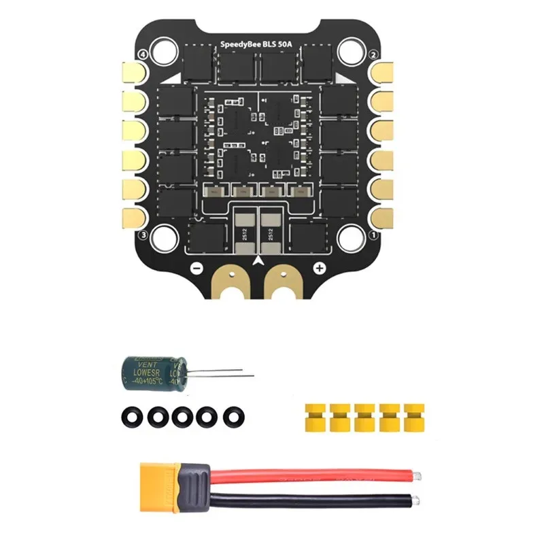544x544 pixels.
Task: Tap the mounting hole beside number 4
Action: tap(162, 50)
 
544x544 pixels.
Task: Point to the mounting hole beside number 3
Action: tap(162, 236)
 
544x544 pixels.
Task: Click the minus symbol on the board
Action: tap(196, 268)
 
